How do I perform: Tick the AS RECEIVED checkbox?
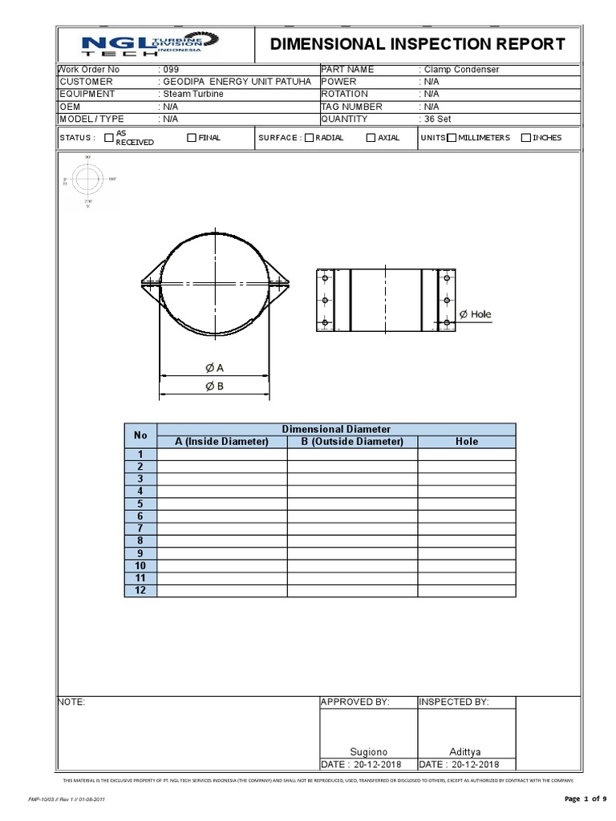[x=109, y=137]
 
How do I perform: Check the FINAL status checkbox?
[x=191, y=137]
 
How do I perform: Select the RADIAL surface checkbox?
[x=309, y=137]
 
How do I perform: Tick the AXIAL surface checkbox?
[x=371, y=137]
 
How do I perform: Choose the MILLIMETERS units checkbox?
[x=452, y=137]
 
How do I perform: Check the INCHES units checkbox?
[x=525, y=137]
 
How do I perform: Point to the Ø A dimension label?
[x=214, y=367]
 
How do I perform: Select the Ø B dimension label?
[x=214, y=386]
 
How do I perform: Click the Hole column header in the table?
[x=466, y=441]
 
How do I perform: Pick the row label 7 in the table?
[x=140, y=528]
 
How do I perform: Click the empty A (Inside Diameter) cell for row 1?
[x=222, y=454]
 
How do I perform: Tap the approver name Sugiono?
[x=368, y=751]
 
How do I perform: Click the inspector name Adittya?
[x=466, y=751]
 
